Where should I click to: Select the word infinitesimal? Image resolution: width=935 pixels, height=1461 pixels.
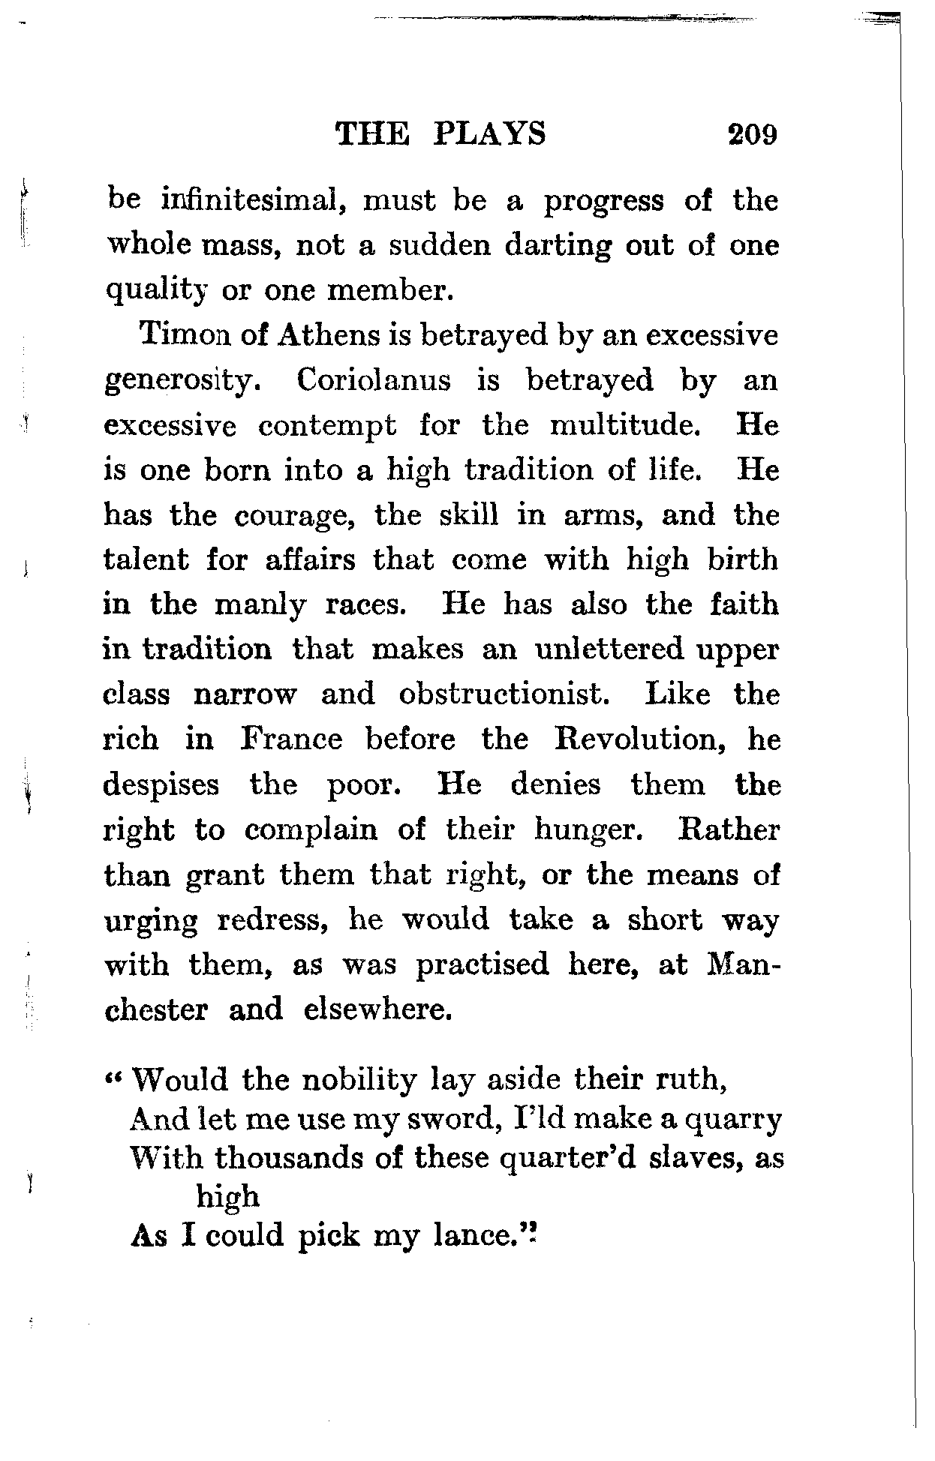(247, 201)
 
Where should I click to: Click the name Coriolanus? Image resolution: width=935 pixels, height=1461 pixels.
(374, 381)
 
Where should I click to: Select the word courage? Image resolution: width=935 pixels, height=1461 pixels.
(293, 516)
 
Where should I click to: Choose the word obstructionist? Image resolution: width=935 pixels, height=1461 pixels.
(501, 694)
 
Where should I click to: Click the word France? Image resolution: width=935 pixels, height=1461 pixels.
(292, 739)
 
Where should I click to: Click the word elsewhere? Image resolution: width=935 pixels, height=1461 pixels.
(378, 1009)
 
